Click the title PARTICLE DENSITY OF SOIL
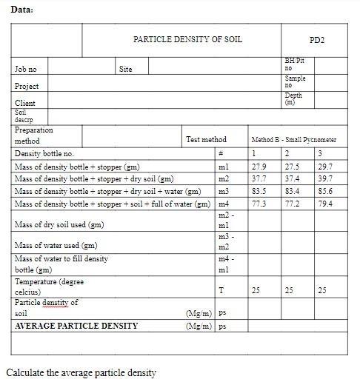(187, 39)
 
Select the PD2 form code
(317, 39)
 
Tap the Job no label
(26, 69)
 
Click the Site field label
(126, 69)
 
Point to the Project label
(27, 86)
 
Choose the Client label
(25, 103)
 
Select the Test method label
(206, 139)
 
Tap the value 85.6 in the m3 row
(325, 191)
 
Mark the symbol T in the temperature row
(221, 290)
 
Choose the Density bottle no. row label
(44, 153)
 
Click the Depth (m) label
(294, 98)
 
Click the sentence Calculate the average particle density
(81, 372)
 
